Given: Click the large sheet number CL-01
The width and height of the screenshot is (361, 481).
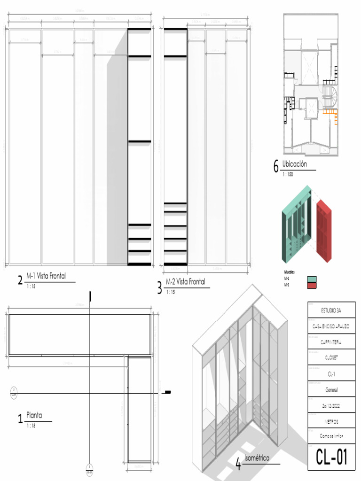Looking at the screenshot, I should click(331, 456).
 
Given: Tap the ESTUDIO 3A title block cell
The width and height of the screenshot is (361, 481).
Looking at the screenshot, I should click(331, 310).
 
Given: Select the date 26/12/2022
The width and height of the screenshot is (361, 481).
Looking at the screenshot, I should click(331, 405).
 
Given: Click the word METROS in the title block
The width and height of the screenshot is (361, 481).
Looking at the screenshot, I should click(331, 421).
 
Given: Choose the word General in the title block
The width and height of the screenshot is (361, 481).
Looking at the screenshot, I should click(331, 390).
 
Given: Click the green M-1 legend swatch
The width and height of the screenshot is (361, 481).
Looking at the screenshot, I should click(312, 279).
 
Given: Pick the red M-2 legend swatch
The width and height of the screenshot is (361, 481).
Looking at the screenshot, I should click(312, 285).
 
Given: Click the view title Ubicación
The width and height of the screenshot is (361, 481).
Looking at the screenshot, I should click(295, 164).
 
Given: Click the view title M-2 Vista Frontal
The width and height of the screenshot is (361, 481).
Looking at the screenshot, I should click(185, 281).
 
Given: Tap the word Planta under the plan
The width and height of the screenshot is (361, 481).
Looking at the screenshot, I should click(34, 415).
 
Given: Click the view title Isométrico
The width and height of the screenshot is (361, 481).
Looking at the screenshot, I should click(259, 458).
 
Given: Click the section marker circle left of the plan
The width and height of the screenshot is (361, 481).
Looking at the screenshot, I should click(15, 392).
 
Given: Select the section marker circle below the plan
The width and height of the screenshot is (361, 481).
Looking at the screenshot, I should click(90, 469).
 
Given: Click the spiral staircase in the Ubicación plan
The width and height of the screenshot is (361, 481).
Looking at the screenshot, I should click(330, 96).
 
